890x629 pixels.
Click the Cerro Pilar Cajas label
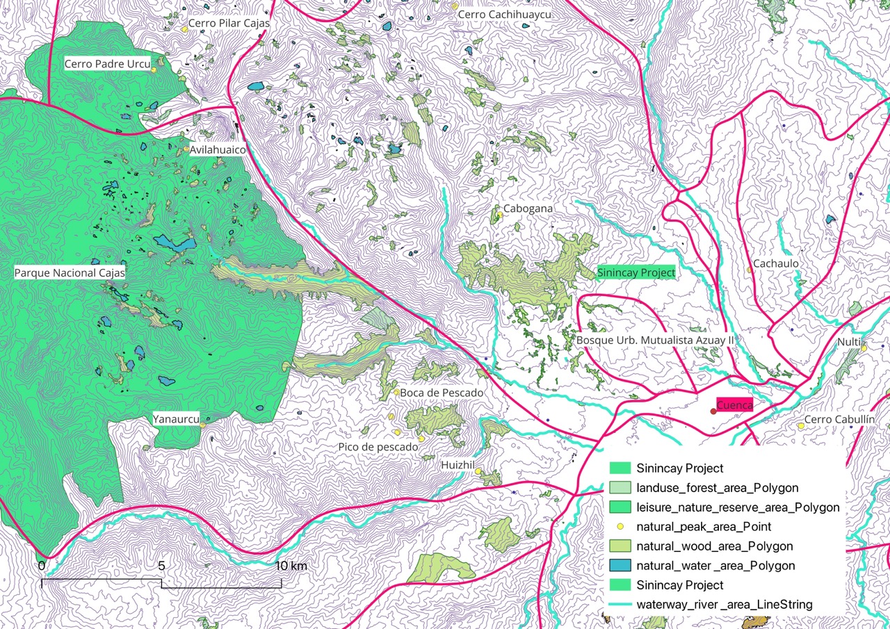pos(229,24)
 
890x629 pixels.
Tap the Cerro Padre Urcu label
pos(108,64)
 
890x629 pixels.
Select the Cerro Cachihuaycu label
pos(504,14)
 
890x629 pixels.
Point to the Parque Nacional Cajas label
pos(70,273)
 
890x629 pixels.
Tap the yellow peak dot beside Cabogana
pos(499,215)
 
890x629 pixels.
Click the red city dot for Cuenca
pos(713,411)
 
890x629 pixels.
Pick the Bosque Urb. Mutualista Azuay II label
pos(656,341)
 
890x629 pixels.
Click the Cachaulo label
pos(776,264)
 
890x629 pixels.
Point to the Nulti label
pos(848,343)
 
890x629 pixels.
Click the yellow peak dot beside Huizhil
pos(478,471)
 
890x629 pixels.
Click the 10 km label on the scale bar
pos(290,566)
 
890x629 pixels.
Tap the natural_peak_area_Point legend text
pos(704,527)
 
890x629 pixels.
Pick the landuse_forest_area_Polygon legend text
pos(717,488)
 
